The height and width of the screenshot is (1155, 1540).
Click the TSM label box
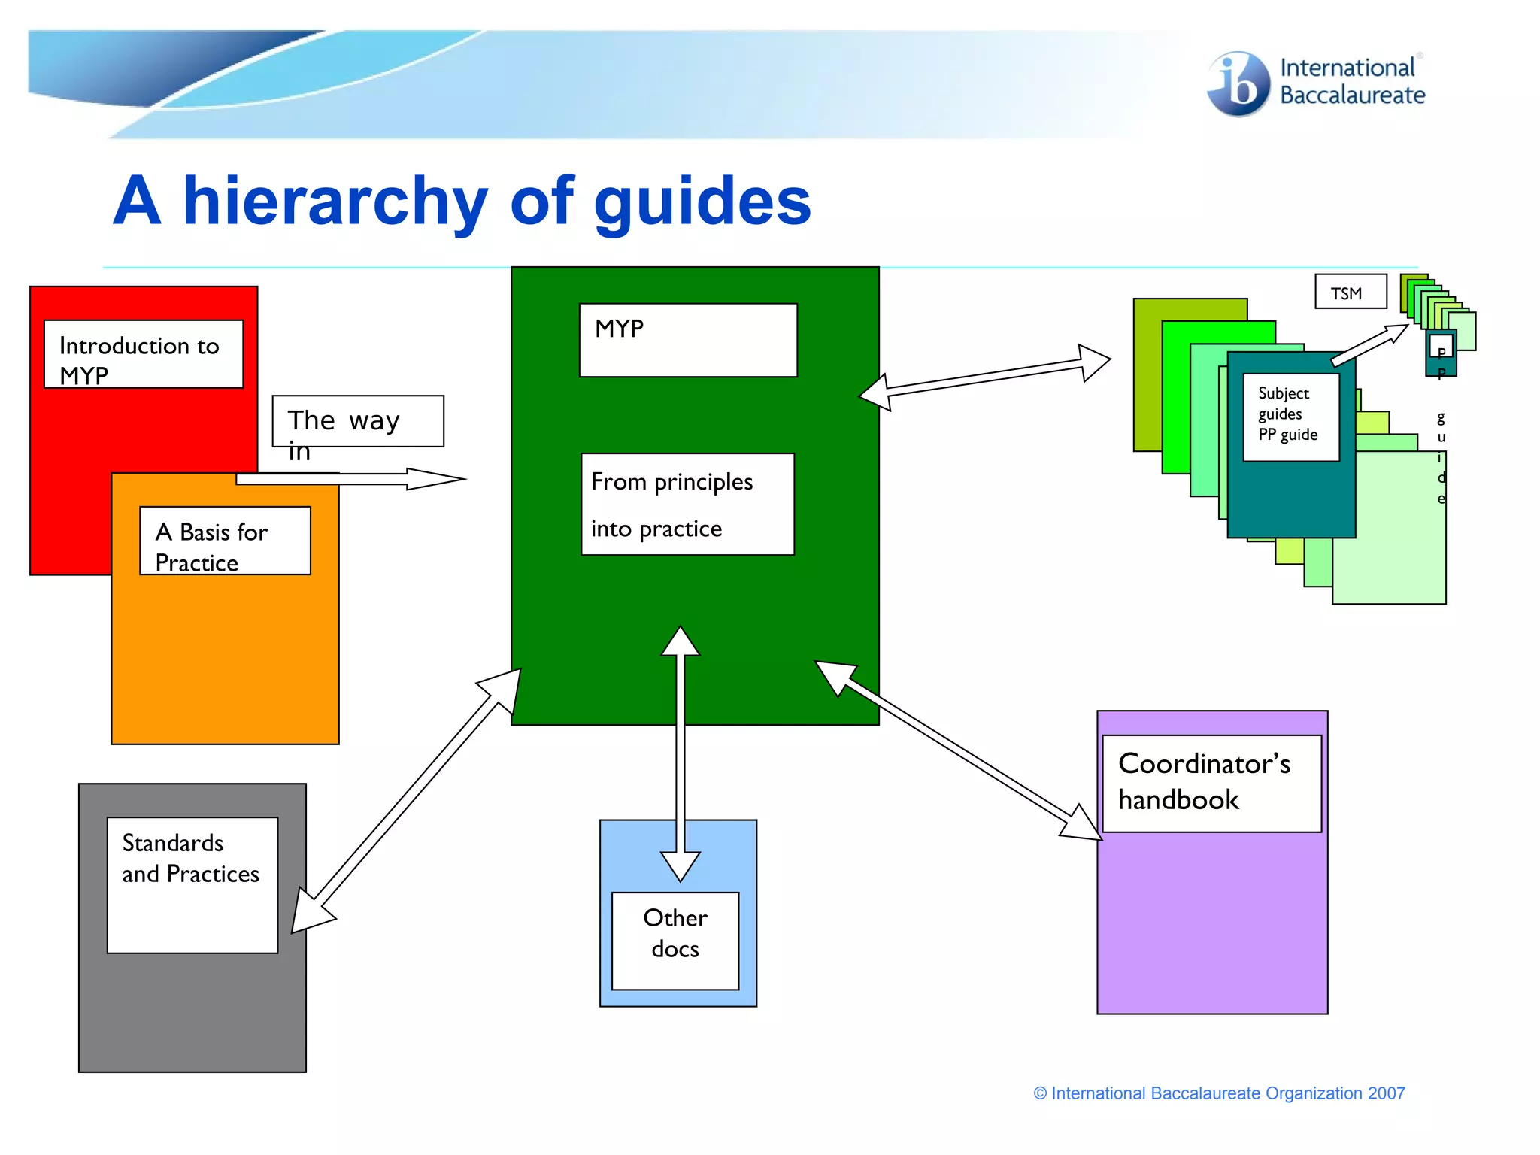click(x=1351, y=292)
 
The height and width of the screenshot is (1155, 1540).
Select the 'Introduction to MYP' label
click(x=144, y=354)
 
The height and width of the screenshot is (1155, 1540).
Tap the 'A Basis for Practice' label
click(x=225, y=541)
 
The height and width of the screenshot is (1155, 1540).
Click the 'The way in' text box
click(x=358, y=421)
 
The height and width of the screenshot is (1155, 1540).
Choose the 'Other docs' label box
click(x=675, y=940)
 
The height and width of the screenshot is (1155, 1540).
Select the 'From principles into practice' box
click(x=687, y=504)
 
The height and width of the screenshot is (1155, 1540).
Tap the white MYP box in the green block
click(x=687, y=340)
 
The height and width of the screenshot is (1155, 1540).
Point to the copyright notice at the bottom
click(x=1219, y=1093)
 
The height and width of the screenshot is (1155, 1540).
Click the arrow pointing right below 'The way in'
click(x=353, y=479)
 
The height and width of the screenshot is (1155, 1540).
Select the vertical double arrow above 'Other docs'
click(x=681, y=752)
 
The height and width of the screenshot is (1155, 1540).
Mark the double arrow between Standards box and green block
click(x=406, y=801)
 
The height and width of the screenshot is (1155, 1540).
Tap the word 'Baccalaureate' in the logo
click(x=1352, y=95)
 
